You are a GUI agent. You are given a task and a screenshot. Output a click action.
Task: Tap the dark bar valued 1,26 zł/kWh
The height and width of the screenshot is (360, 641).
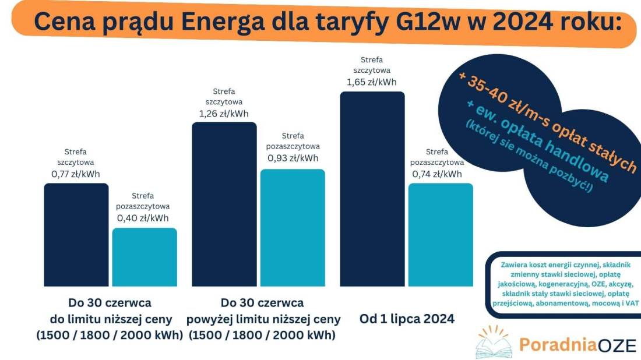[224, 204]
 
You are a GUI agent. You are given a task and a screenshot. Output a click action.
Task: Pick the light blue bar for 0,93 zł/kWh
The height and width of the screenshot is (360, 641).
[293, 227]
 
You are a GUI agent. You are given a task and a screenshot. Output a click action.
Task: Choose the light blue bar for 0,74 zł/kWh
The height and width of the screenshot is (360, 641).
[441, 234]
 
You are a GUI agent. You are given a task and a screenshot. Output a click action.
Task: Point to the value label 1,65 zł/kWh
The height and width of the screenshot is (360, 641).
[371, 82]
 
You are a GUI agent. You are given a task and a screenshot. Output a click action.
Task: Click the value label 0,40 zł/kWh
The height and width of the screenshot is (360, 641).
[143, 218]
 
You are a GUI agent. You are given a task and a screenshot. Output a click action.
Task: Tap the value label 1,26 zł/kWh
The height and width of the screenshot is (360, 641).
[223, 114]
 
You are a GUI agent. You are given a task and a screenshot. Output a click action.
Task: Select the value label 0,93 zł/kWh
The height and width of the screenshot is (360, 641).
[293, 158]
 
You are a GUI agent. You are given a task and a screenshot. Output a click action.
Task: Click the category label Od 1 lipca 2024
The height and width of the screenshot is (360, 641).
[407, 319]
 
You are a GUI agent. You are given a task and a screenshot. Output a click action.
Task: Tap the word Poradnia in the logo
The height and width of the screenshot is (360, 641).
[550, 345]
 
